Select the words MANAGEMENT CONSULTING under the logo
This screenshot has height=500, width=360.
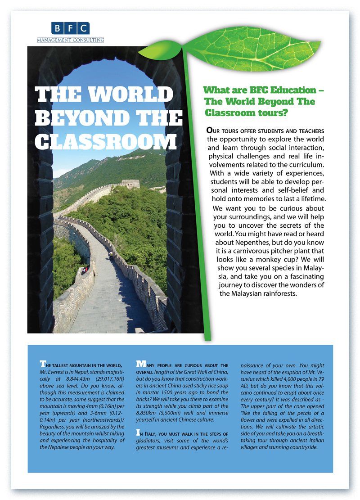pos(70,40)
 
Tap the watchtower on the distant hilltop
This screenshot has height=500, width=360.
pos(130,184)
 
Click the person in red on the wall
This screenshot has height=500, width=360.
pos(84,270)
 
